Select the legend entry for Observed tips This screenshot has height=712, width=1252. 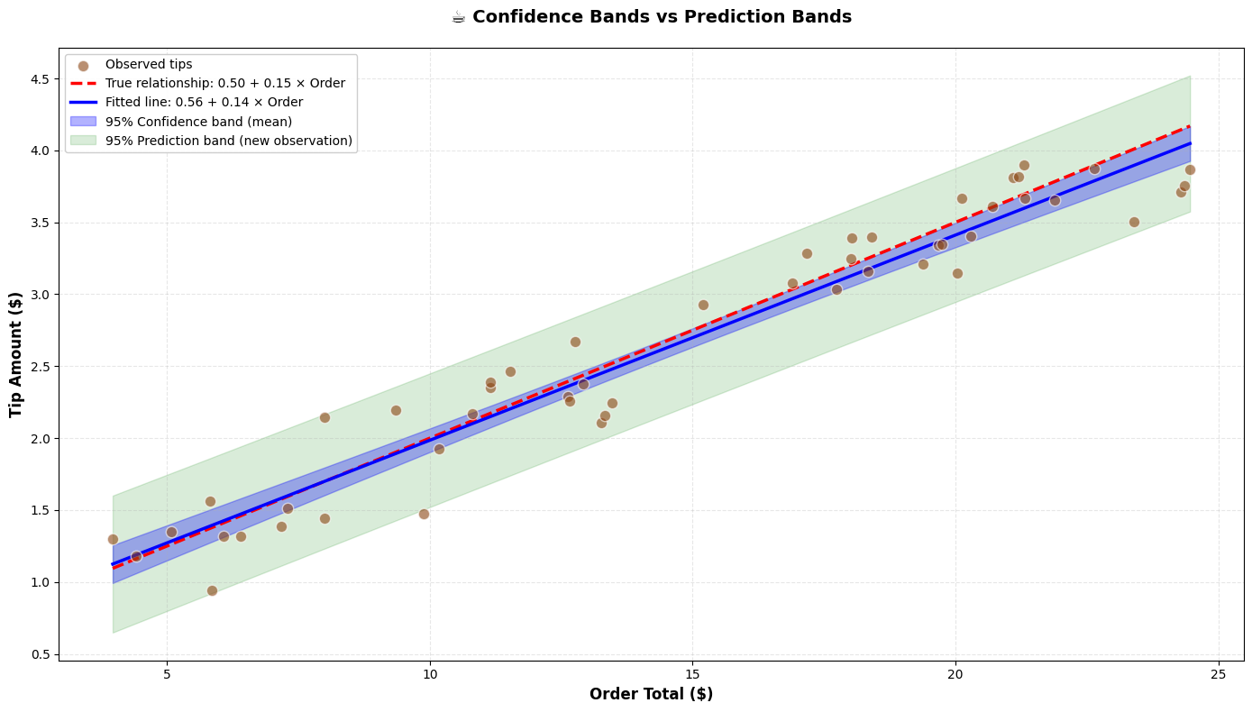pos(149,65)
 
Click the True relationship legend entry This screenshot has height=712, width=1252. pos(224,83)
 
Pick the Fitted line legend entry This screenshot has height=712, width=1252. pos(204,102)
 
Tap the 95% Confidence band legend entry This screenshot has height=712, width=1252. pos(198,122)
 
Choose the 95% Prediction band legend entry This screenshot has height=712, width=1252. pos(228,141)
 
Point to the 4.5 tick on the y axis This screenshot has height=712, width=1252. pos(41,78)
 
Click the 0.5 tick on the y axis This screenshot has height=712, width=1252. pos(41,654)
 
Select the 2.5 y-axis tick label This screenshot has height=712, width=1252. pos(41,367)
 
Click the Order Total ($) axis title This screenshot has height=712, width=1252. pos(651,694)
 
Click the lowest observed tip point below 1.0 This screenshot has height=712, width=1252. pos(212,590)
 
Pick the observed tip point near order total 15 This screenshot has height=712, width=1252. pos(703,305)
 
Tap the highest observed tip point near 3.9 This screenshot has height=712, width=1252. pos(1024,165)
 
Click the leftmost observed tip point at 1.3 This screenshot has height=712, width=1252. pos(113,539)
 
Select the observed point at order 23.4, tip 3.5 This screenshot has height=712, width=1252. pos(1134,222)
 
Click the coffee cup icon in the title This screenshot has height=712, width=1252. pos(460,17)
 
